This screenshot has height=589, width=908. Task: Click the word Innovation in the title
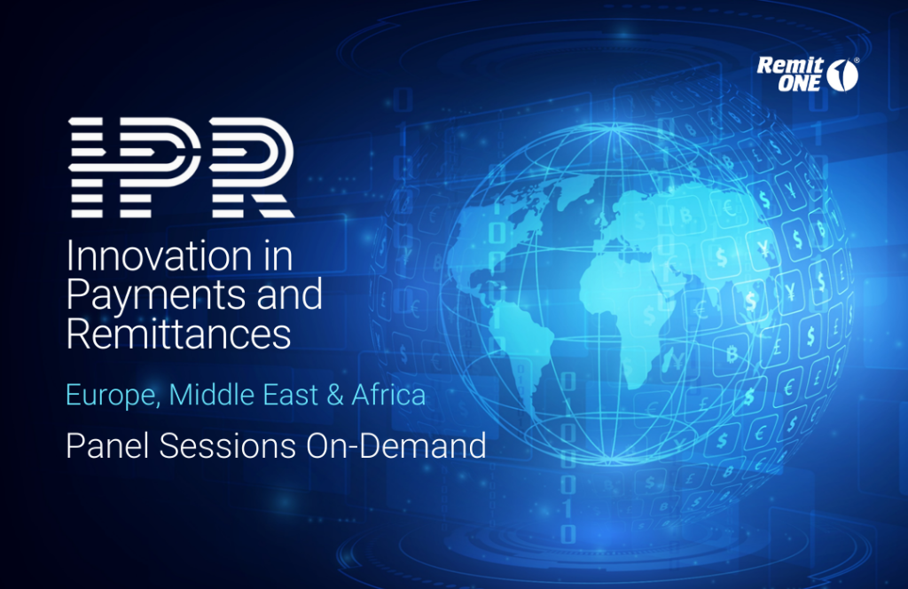tap(159, 255)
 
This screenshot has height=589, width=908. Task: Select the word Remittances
tap(178, 334)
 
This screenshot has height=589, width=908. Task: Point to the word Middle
tap(212, 395)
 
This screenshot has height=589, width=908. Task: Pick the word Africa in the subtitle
tap(388, 395)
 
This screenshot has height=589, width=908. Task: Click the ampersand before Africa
tap(335, 395)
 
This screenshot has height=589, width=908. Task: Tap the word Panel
tap(108, 446)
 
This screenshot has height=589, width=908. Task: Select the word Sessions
tap(228, 446)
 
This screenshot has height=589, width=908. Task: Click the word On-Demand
tap(396, 446)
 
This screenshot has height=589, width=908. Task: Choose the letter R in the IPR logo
tap(252, 168)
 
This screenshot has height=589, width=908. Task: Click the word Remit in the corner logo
tap(790, 66)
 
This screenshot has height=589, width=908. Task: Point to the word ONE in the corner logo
tap(799, 83)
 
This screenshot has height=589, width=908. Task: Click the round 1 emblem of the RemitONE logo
tap(842, 75)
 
